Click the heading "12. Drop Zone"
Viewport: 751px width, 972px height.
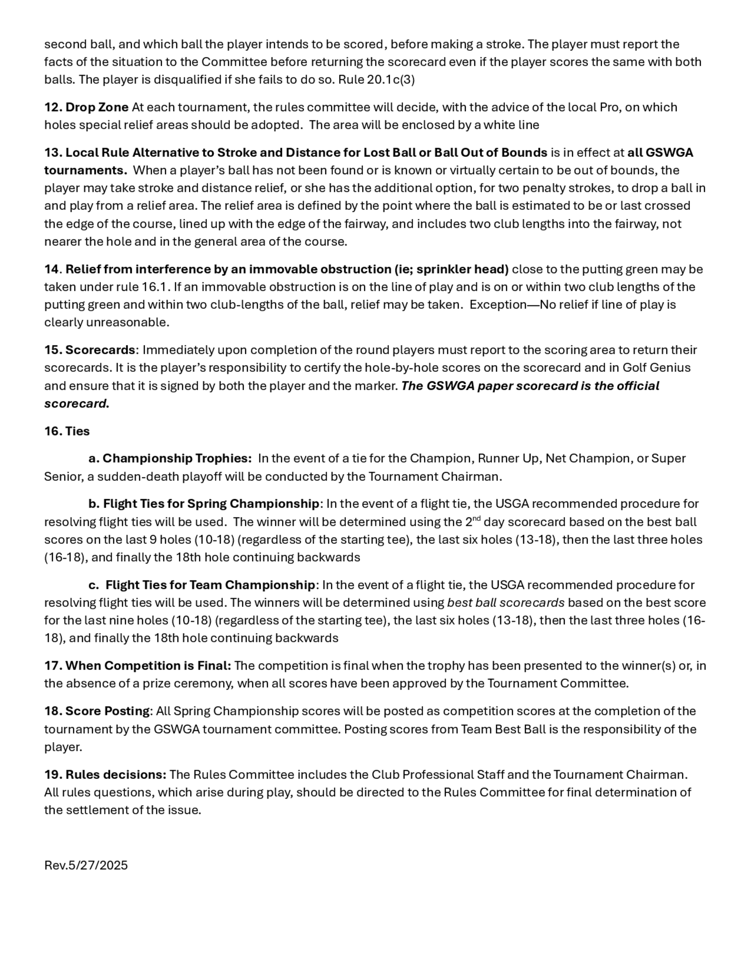(86, 107)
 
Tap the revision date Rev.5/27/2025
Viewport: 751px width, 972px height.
(86, 865)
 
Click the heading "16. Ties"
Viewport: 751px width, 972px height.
(67, 431)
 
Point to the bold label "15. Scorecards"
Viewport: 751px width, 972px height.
(89, 350)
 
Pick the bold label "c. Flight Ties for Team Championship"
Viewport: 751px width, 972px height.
(202, 585)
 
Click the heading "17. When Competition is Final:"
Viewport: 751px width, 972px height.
(137, 666)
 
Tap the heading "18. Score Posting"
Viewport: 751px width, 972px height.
(97, 711)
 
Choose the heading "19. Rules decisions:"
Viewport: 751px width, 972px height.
(106, 775)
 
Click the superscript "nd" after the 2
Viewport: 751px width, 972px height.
(477, 519)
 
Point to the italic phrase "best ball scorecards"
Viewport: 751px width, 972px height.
(506, 602)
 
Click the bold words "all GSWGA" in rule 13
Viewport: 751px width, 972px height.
(660, 152)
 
